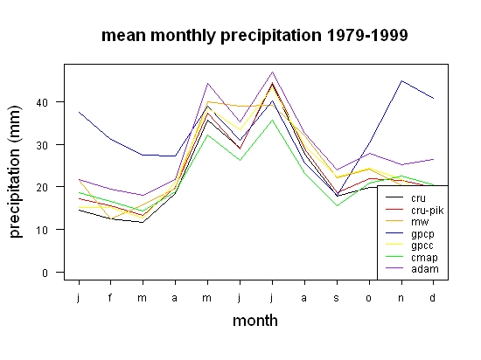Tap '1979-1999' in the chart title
click(367, 35)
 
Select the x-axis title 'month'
click(255, 321)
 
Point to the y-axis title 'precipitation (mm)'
click(16, 171)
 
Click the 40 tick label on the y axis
click(42, 102)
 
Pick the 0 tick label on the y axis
click(45, 273)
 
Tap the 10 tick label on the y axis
click(42, 230)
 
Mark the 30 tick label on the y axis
click(42, 145)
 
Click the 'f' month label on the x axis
click(110, 297)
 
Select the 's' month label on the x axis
click(337, 298)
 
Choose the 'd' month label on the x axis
click(432, 297)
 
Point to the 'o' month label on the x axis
click(369, 298)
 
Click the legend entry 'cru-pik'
click(428, 211)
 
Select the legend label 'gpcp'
click(422, 234)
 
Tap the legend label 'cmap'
click(424, 258)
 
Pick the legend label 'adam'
click(425, 269)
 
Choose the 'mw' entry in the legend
click(420, 222)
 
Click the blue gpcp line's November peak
click(401, 81)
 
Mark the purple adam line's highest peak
click(272, 72)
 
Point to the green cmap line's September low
click(337, 205)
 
